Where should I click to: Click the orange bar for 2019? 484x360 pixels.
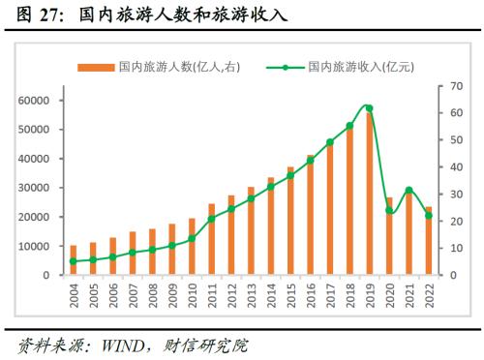[369, 194]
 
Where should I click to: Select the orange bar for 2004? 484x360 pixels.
[73, 260]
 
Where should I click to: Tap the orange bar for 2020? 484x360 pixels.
[389, 237]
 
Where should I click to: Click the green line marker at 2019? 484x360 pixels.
[369, 108]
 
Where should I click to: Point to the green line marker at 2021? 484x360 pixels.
[409, 190]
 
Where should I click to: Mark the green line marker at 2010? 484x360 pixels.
[192, 238]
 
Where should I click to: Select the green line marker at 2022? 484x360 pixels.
[429, 215]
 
